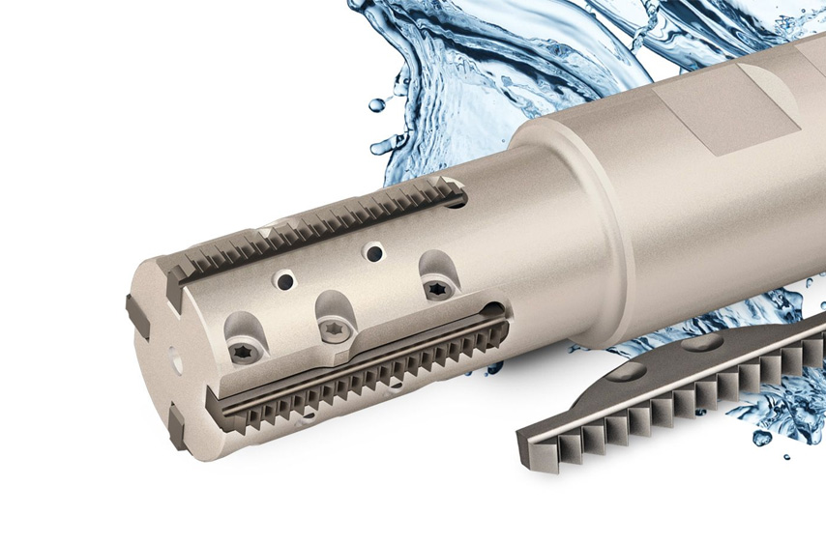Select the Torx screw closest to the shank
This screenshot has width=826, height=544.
point(437,288)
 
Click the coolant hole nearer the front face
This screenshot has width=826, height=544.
point(285,281)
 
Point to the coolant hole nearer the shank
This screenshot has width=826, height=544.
point(373,253)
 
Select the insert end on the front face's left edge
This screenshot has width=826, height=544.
point(136,315)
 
